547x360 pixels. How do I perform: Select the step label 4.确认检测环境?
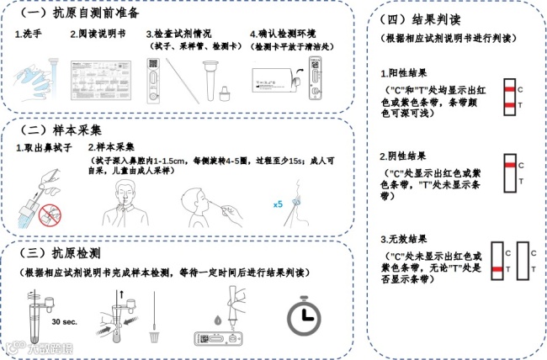pos(284,35)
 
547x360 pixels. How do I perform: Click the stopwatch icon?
pos(304,316)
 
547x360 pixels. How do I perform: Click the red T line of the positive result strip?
pos(509,104)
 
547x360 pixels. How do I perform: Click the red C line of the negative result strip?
pos(509,167)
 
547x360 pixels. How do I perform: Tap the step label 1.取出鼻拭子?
pos(45,148)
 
